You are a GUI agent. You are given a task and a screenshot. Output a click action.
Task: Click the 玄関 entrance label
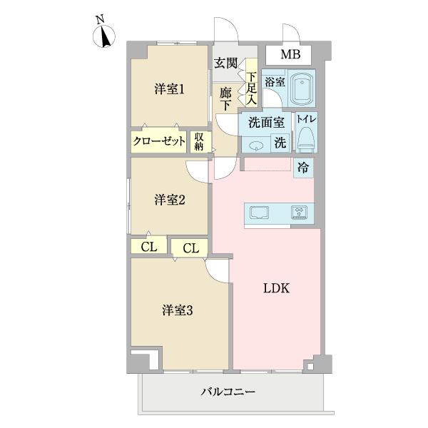click(x=226, y=63)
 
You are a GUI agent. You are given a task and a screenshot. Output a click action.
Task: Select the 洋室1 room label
click(x=170, y=89)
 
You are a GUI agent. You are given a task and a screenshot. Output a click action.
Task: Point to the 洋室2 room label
click(x=170, y=200)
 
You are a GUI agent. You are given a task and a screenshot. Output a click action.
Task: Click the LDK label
click(x=276, y=289)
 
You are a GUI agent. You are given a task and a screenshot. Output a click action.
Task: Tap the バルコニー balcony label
click(x=228, y=392)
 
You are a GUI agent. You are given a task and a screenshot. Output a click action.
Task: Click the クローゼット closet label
click(x=159, y=142)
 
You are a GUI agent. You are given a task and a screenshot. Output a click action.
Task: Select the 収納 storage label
click(x=199, y=141)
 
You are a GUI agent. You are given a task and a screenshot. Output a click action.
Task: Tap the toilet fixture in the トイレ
click(x=307, y=136)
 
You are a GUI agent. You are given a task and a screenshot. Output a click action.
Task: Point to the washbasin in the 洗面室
click(x=257, y=145)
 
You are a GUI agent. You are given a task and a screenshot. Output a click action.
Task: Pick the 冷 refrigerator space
click(x=303, y=170)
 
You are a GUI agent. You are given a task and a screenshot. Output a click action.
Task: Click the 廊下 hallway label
click(x=225, y=98)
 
